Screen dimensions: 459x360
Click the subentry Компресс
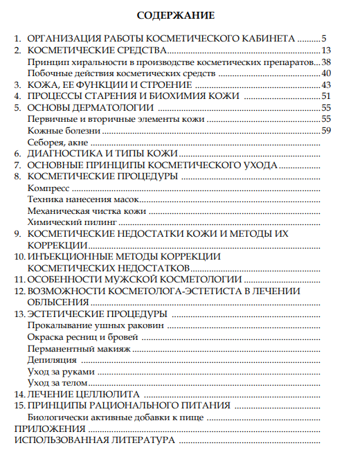tap(48, 188)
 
